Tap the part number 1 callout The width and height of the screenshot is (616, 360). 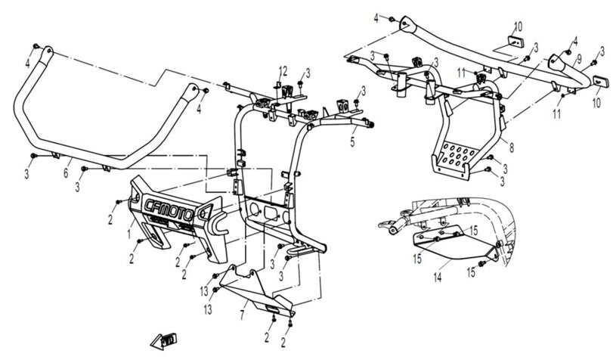(x=128, y=234)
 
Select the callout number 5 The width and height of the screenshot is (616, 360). (x=352, y=142)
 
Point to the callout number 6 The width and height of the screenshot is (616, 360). (x=66, y=172)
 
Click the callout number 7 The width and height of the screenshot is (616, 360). (x=243, y=315)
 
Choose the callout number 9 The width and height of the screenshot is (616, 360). (x=579, y=61)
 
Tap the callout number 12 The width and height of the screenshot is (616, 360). (x=283, y=71)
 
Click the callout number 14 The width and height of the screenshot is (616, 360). (x=438, y=278)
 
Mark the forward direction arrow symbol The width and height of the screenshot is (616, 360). (x=164, y=341)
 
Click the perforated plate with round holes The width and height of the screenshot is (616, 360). (x=456, y=156)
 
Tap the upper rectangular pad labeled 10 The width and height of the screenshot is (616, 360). (x=515, y=41)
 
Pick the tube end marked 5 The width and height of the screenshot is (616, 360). (x=370, y=125)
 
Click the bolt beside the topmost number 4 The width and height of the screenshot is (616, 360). (x=392, y=19)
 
